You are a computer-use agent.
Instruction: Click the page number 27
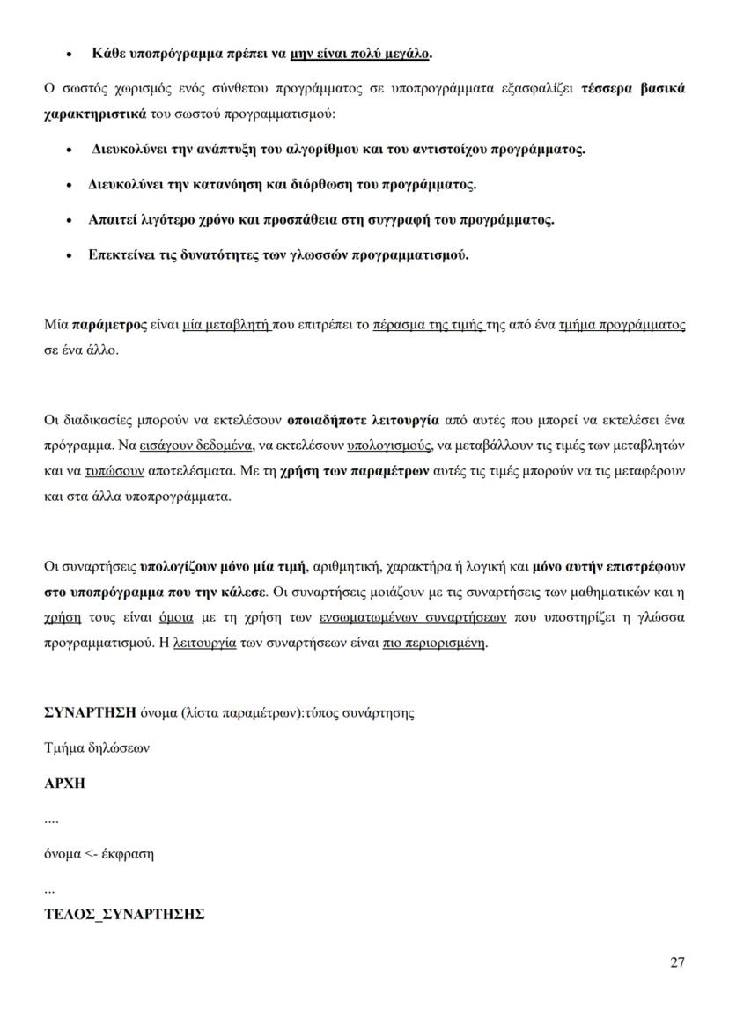(677, 961)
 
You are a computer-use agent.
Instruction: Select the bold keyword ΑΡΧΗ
(64, 784)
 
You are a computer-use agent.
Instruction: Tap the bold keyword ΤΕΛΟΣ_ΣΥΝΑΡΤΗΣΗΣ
(124, 914)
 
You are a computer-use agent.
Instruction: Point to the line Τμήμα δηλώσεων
(97, 748)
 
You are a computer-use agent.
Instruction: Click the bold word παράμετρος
(109, 325)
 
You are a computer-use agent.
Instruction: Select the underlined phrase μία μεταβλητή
(226, 325)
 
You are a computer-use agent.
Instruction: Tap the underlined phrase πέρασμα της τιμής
(429, 325)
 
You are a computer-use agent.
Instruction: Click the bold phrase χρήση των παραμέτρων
(354, 471)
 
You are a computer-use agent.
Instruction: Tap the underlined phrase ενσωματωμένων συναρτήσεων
(412, 617)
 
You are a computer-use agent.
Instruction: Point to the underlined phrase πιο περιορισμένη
(434, 643)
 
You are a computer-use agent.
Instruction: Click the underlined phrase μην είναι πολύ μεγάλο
(359, 54)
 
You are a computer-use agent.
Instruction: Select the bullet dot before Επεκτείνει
(69, 256)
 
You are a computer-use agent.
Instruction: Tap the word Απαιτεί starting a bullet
(112, 220)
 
